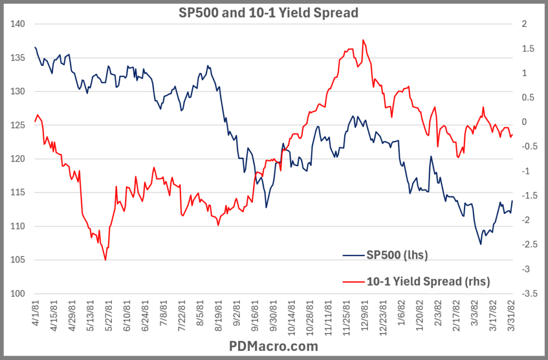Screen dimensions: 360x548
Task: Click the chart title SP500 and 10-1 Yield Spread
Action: pos(268,12)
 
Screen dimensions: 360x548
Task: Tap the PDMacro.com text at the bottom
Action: pos(273,346)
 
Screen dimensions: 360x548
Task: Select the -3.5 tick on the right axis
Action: pos(527,294)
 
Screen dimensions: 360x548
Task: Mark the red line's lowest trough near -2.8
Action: pos(105,260)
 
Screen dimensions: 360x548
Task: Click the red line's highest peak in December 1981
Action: pos(363,40)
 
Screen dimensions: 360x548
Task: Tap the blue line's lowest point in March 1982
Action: pos(481,244)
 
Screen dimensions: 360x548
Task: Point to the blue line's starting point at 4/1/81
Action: pos(35,48)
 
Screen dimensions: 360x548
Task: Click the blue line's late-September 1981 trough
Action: pos(266,208)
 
